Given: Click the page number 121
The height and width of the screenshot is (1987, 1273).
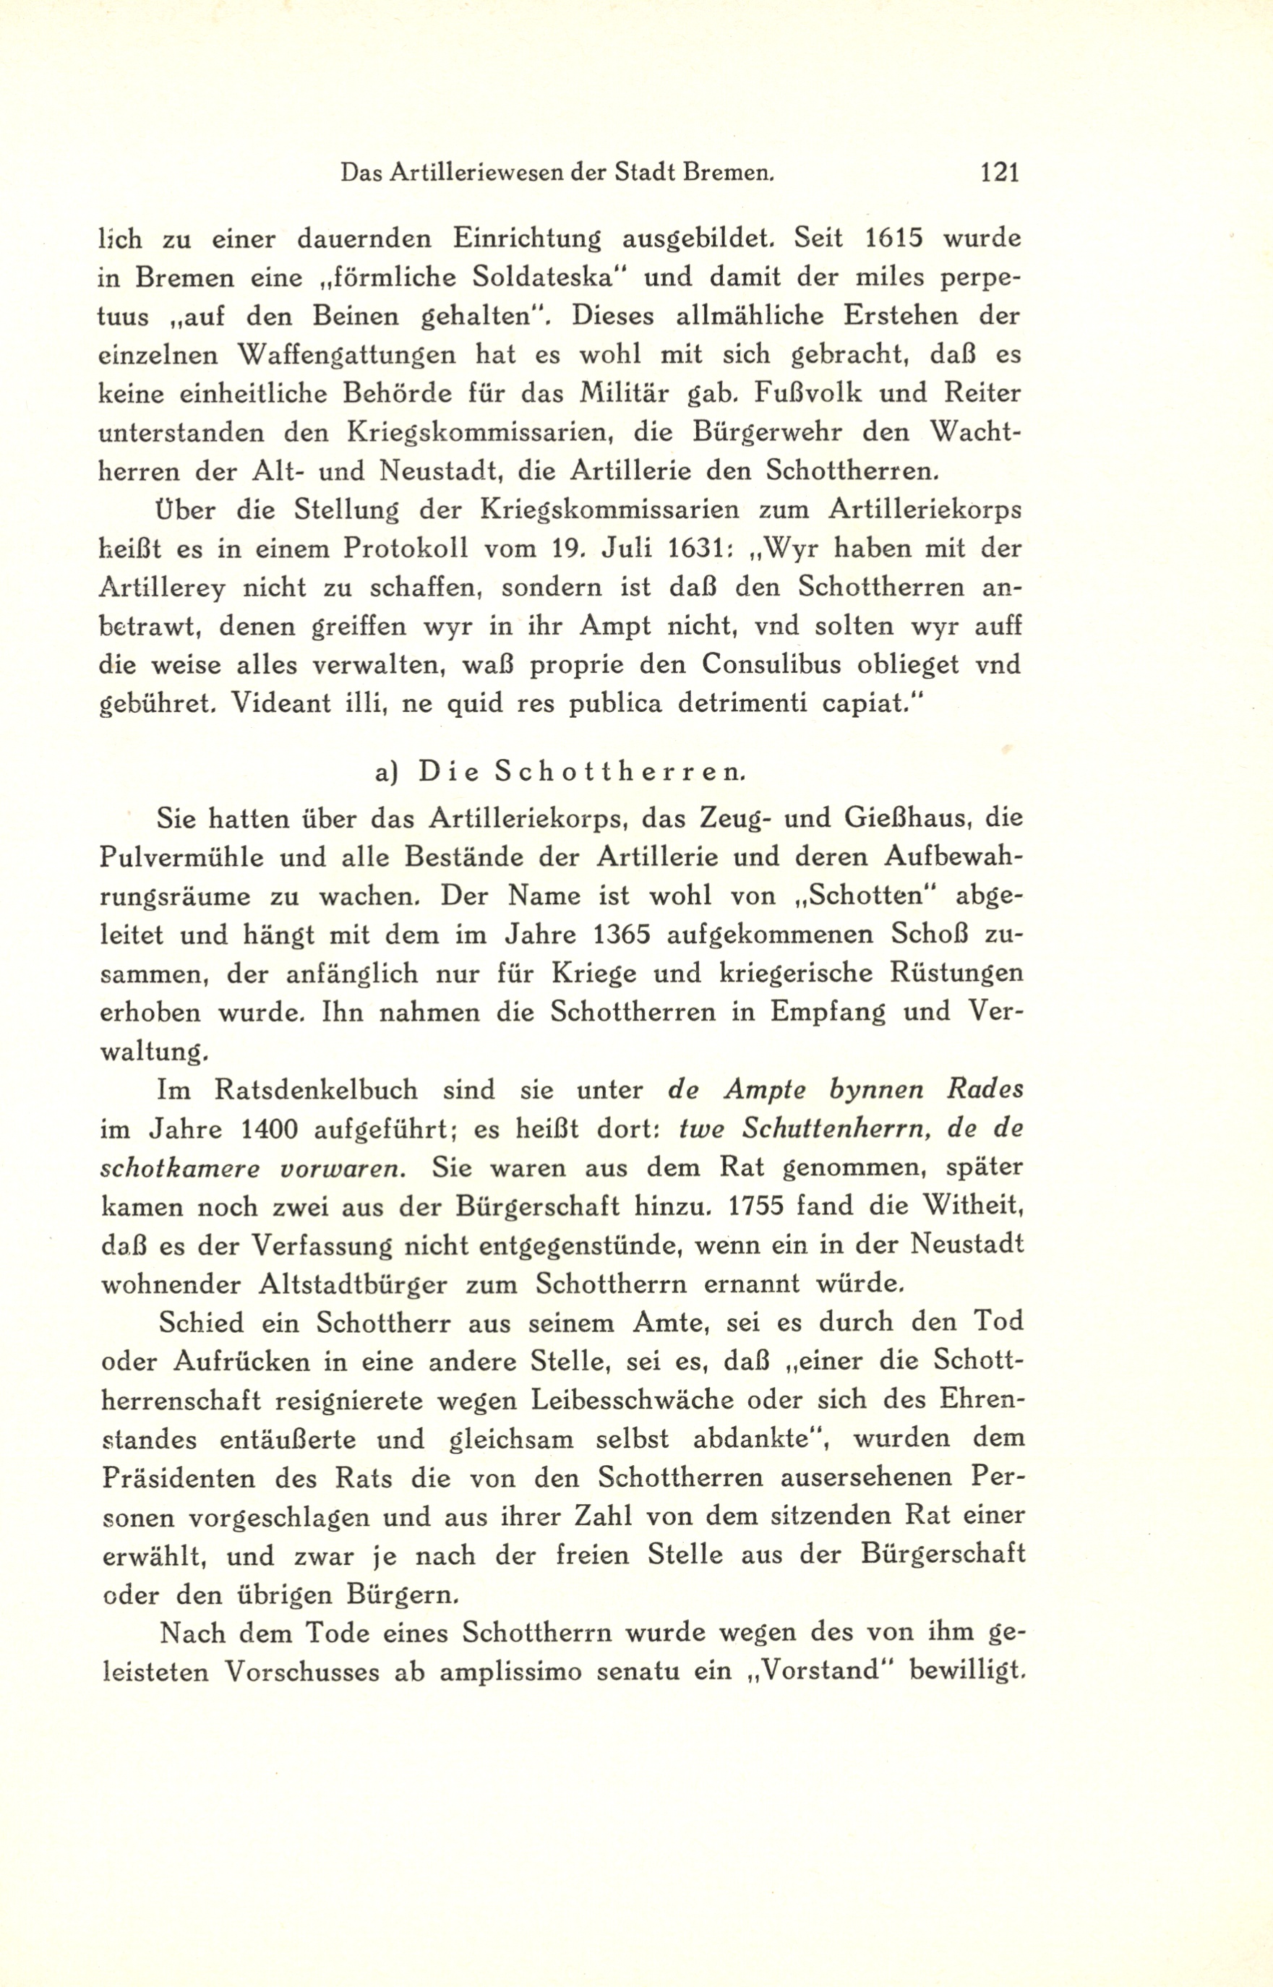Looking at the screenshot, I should [999, 173].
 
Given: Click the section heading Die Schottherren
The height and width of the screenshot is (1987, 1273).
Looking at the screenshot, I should [583, 772].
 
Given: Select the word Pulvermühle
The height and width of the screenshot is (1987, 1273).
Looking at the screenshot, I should [180, 858].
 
